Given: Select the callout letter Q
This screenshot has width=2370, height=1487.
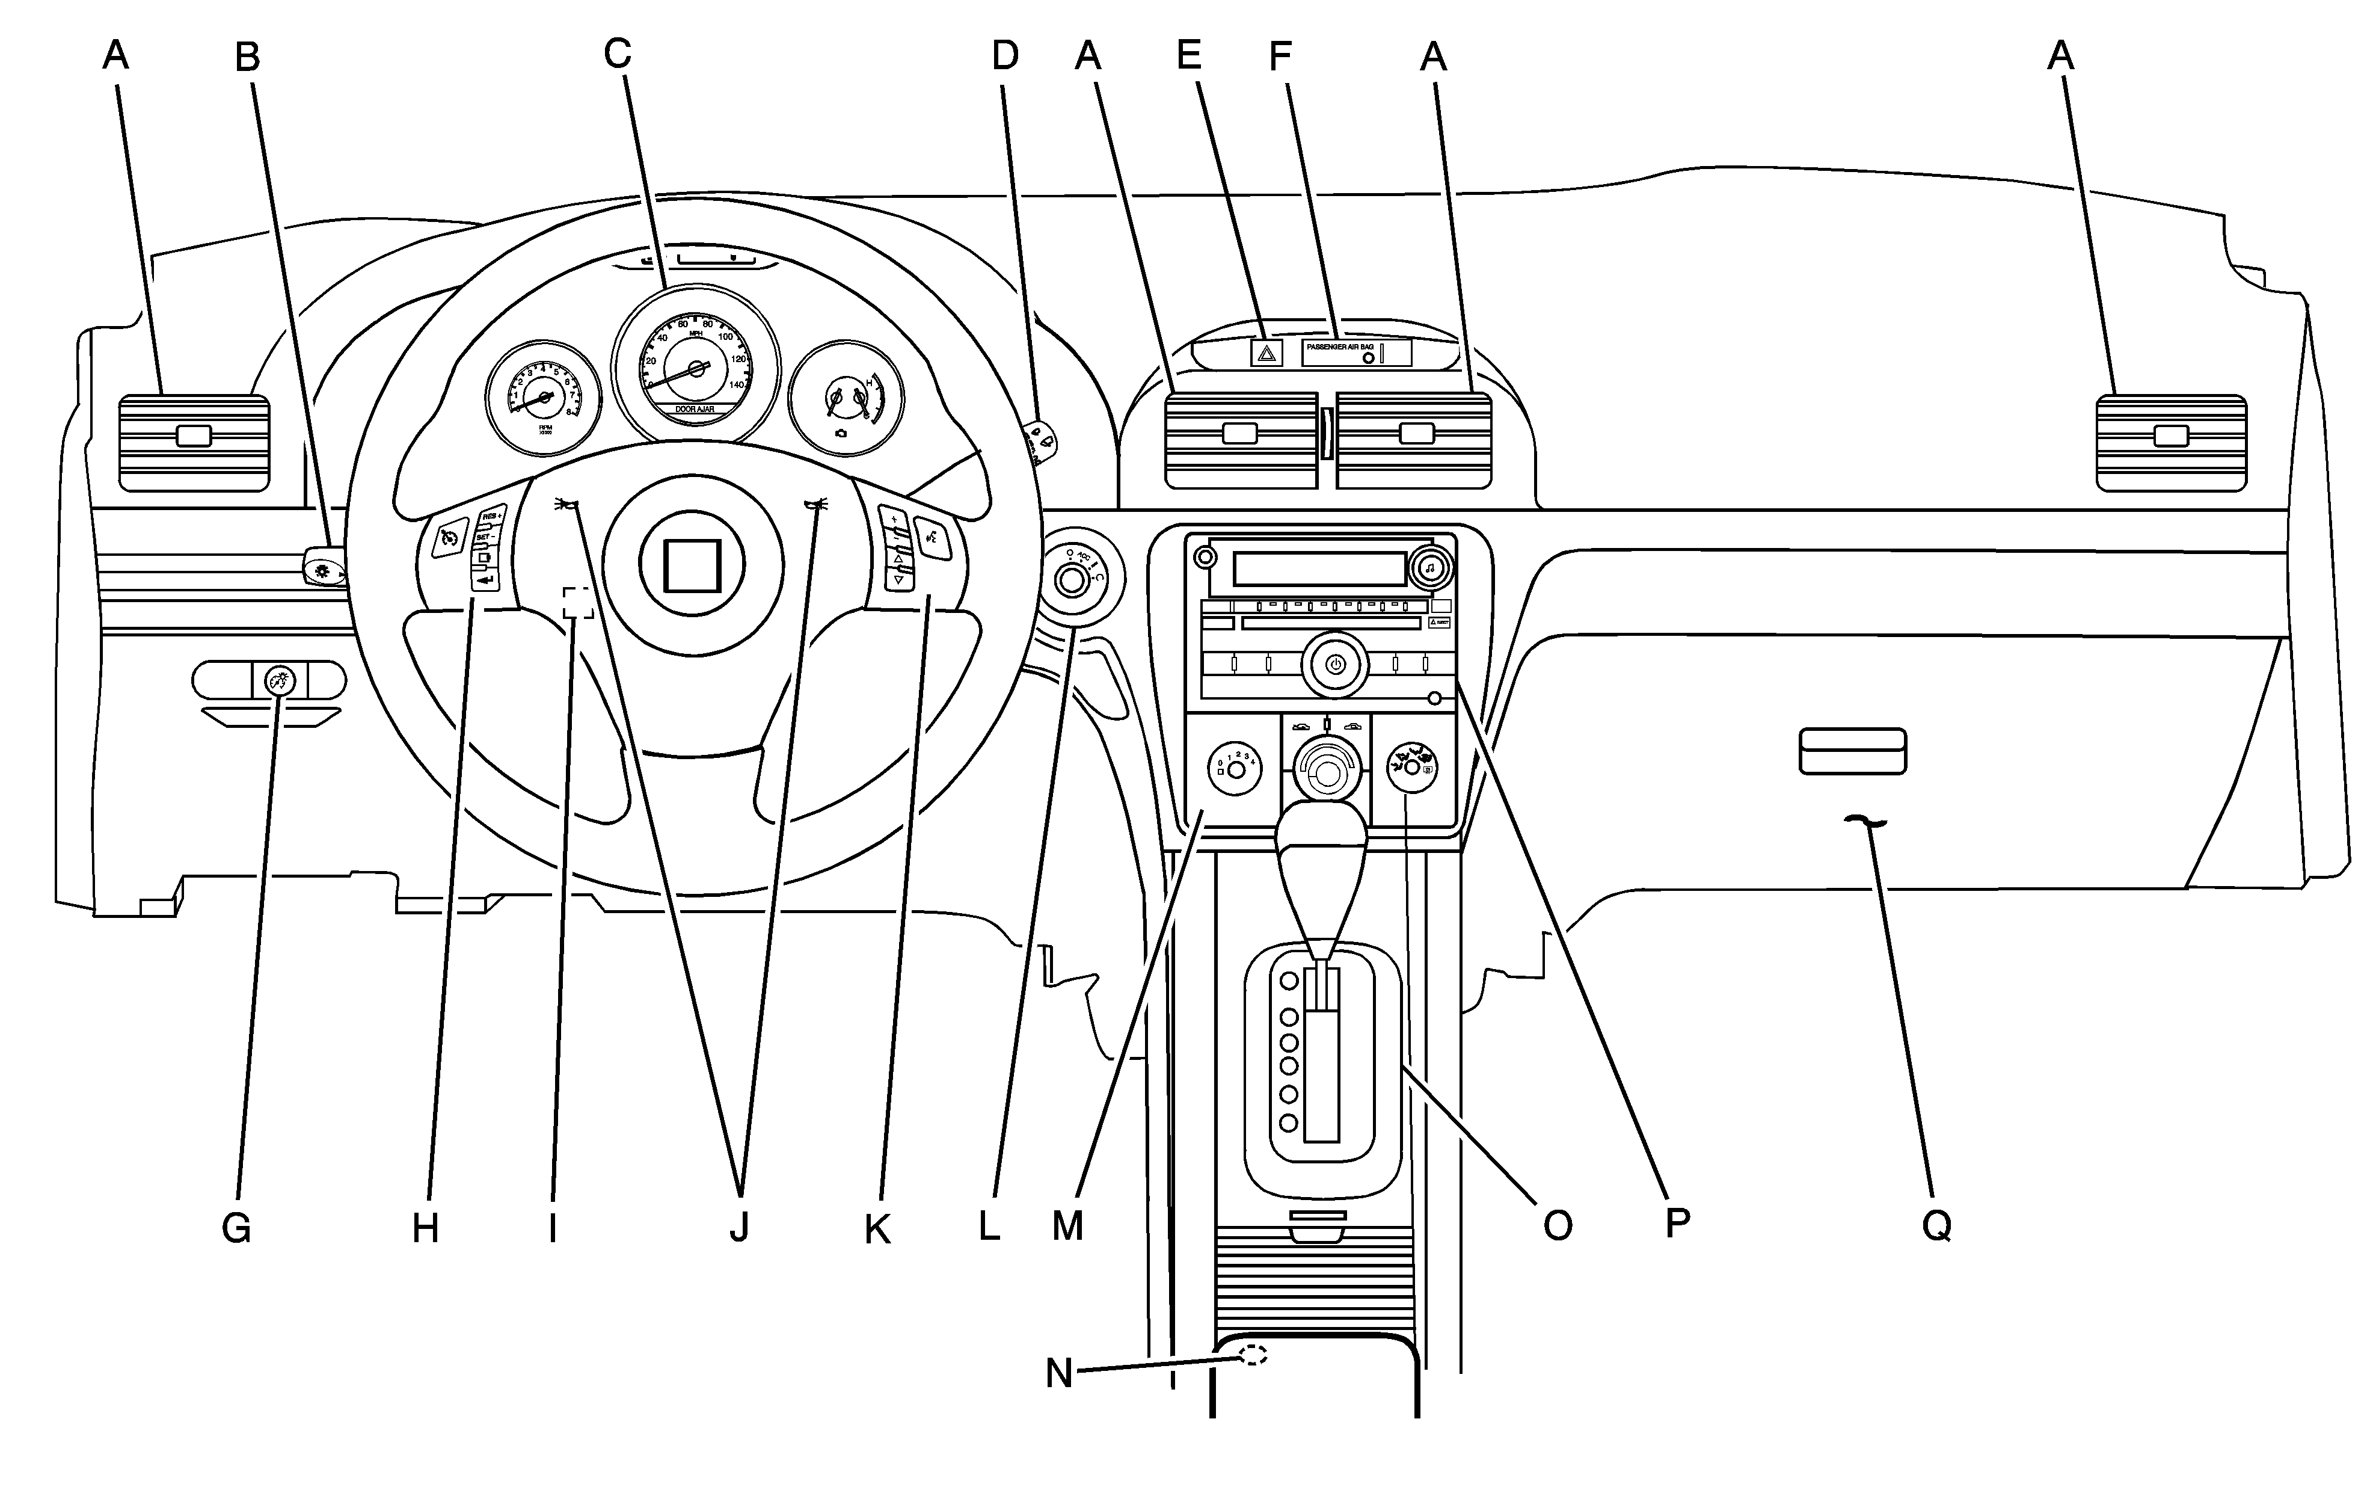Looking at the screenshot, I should tap(1936, 1225).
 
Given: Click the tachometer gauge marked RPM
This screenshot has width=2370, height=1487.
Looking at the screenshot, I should tap(542, 398).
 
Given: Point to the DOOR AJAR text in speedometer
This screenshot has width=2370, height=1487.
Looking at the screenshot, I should tap(695, 408).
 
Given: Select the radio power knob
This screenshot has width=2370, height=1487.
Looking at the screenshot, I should tap(1334, 665).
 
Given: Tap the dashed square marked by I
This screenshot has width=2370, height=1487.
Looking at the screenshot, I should tap(578, 603).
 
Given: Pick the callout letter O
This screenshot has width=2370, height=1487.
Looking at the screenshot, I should tap(1557, 1225).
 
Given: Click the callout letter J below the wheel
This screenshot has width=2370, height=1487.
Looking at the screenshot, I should tap(739, 1227).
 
